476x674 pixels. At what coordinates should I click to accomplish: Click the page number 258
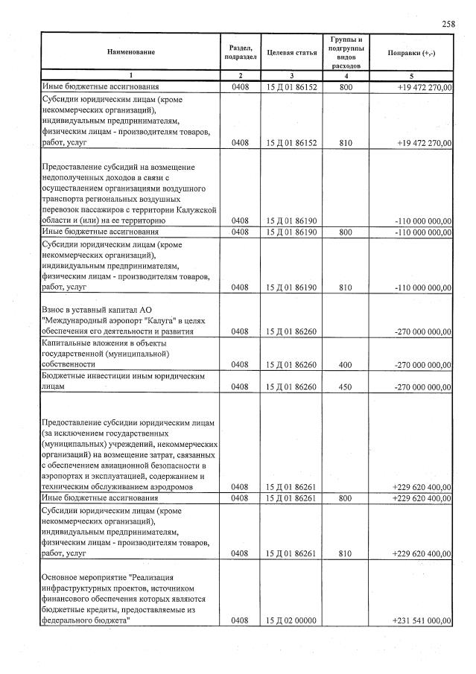[x=448, y=24]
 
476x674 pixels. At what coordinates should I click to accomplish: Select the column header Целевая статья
[x=292, y=52]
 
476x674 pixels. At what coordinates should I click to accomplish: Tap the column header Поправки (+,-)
[x=412, y=52]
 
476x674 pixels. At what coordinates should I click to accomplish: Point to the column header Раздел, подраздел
[x=240, y=52]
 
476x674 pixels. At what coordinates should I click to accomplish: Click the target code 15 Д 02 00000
[x=292, y=620]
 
